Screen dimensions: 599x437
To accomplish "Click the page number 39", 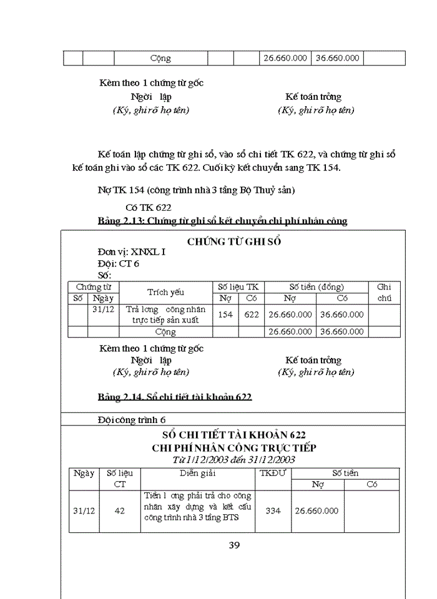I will (234, 546).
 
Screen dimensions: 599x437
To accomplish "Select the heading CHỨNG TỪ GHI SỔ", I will (234, 242).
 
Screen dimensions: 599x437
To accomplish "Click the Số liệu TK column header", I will (238, 287).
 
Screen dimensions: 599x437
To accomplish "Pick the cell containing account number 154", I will (225, 314).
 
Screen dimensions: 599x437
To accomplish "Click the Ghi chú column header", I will (384, 292).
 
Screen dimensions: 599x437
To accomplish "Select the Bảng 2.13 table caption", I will (222, 221).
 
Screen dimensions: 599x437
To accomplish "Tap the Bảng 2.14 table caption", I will (175, 397).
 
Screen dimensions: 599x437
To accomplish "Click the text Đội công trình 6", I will (132, 419).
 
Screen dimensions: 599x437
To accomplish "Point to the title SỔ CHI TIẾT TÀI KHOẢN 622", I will (234, 435).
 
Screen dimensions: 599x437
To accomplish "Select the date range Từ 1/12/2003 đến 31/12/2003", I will (234, 460).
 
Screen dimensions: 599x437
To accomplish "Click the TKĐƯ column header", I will (273, 473).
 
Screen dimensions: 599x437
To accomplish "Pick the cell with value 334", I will (273, 510).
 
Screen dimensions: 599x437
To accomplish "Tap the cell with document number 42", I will (120, 510).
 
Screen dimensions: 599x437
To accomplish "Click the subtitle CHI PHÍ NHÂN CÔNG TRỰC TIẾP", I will (234, 447).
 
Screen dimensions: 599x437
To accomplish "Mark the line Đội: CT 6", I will (119, 264).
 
